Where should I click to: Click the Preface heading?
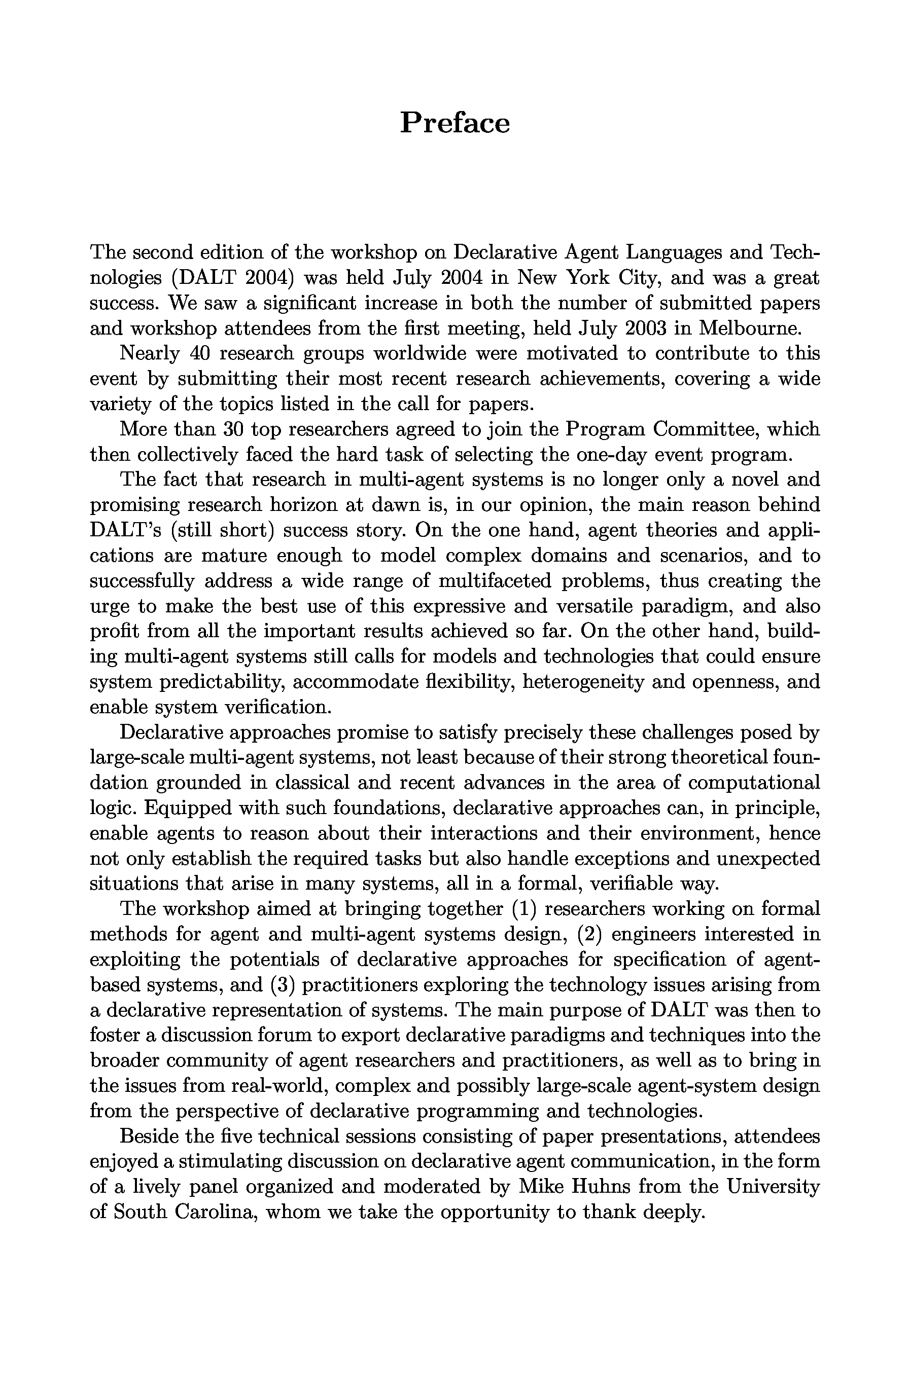pos(455,124)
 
